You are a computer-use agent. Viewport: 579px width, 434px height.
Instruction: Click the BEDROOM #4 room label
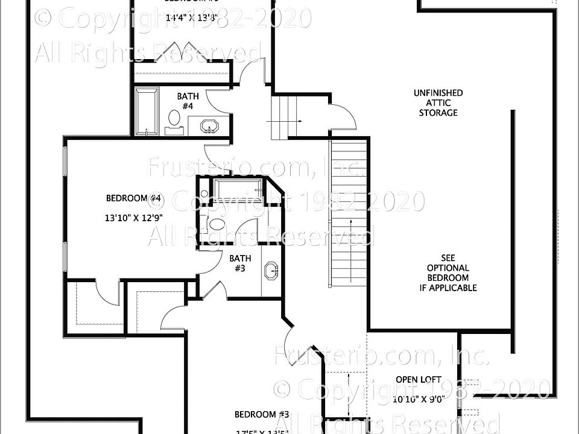point(134,198)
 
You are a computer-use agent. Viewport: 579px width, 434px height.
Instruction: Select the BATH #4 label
point(188,101)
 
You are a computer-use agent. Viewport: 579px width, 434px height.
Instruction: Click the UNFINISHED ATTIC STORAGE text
point(438,102)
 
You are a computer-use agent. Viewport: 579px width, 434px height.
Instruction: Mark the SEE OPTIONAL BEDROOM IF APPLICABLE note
point(448,273)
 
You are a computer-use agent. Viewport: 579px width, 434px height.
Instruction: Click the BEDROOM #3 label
point(262,414)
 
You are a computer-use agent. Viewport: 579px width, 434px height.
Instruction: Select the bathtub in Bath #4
point(147,112)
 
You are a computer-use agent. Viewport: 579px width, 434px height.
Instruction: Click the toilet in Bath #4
point(174,117)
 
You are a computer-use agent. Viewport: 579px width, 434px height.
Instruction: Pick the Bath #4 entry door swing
point(217,99)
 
